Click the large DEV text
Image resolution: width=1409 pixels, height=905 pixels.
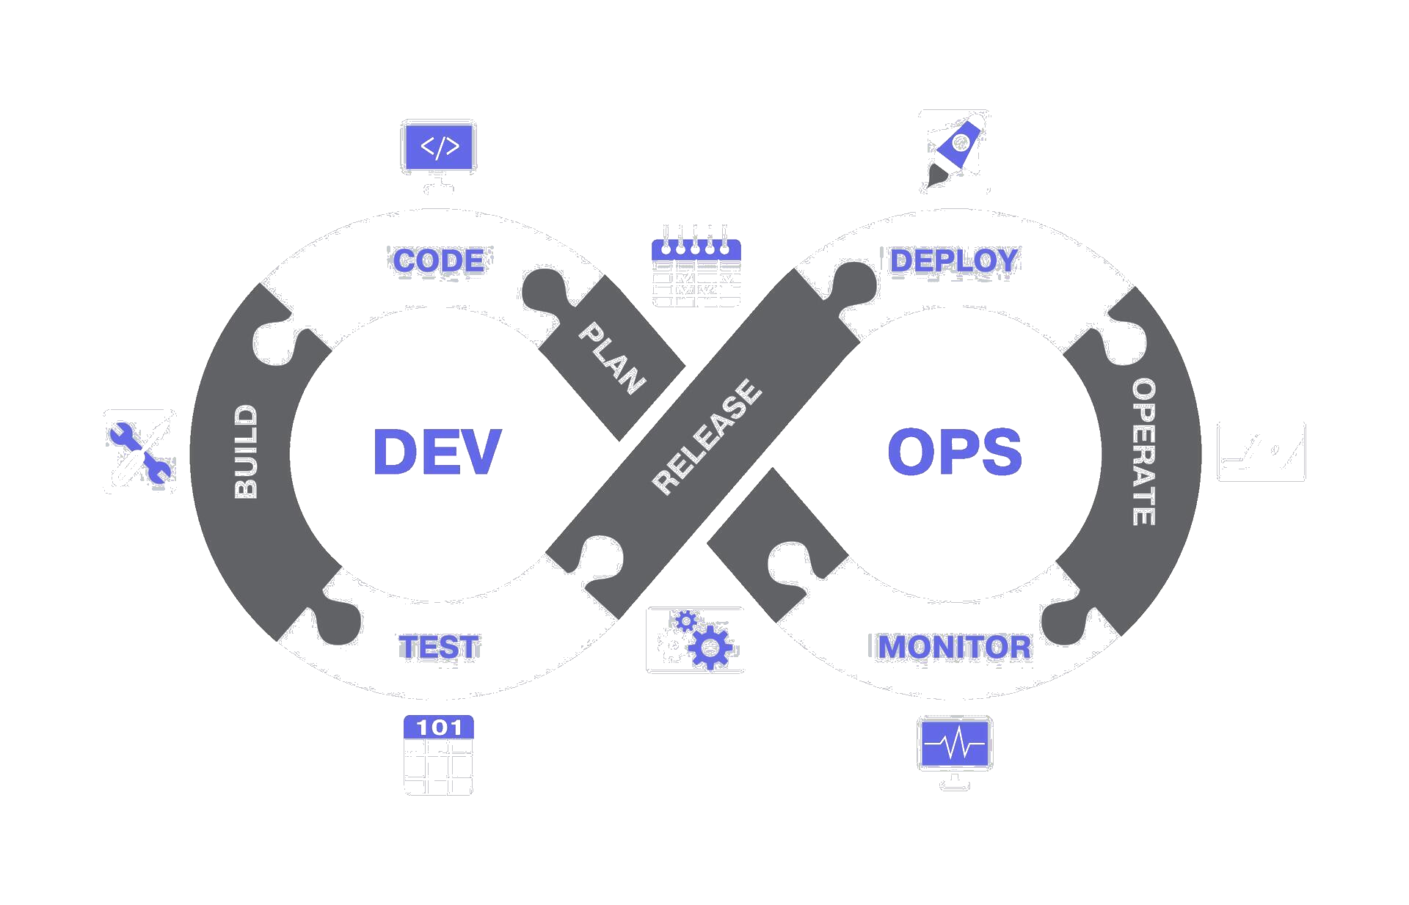tap(437, 452)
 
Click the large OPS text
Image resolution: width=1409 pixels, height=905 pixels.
tap(954, 452)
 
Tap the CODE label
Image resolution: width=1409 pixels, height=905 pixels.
tap(439, 261)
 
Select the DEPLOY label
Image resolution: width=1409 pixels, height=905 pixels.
tap(954, 260)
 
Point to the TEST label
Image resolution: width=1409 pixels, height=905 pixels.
tap(439, 648)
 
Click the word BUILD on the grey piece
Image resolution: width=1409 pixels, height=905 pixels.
tap(246, 452)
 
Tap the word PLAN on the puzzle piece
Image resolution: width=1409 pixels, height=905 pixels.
tap(612, 358)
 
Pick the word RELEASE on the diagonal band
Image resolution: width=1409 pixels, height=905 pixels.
tap(707, 437)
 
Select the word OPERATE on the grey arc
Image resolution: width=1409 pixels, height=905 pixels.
tap(1143, 452)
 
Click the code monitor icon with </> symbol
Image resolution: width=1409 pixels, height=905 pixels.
tap(440, 147)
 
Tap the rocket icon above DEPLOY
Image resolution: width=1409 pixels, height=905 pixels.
tap(955, 150)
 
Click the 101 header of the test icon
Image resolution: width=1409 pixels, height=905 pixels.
tap(439, 728)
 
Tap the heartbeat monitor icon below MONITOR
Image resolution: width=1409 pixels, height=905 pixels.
tap(955, 745)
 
